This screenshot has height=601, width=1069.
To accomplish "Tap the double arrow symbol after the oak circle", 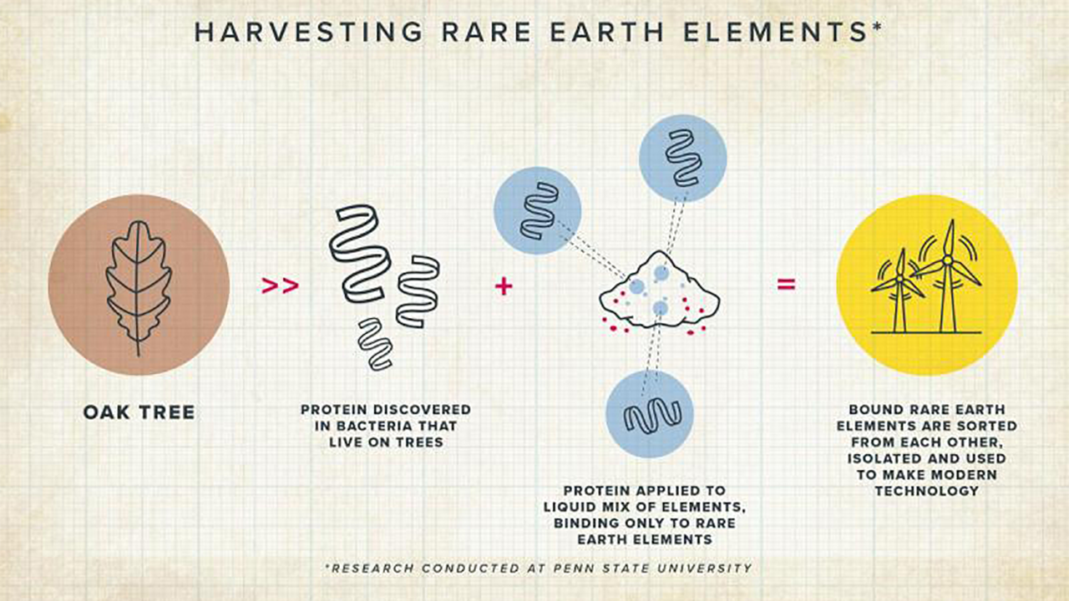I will click(x=280, y=285).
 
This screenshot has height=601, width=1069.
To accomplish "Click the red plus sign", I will click(x=503, y=285).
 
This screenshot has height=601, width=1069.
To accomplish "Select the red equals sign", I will click(x=786, y=285).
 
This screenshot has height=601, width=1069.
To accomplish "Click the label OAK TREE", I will click(x=139, y=412).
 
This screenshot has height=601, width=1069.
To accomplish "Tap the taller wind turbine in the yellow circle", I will click(x=947, y=275).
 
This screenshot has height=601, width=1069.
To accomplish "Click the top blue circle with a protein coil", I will click(x=682, y=158).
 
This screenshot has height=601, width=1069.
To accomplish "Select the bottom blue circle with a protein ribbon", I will click(x=649, y=414).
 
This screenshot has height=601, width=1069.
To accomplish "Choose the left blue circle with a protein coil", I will click(x=537, y=210).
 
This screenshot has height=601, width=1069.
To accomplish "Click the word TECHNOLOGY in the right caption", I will click(x=926, y=491).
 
